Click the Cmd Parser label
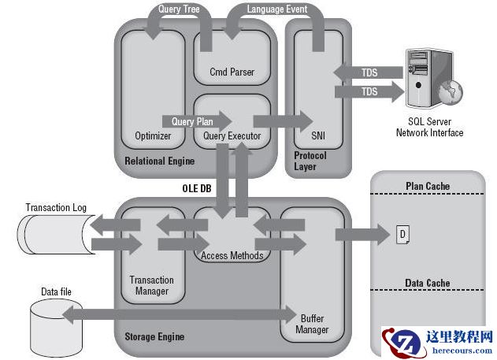pyautogui.click(x=232, y=72)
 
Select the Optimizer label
pyautogui.click(x=153, y=136)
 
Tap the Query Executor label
pyautogui.click(x=232, y=136)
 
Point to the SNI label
pyautogui.click(x=318, y=135)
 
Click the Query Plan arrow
pyautogui.click(x=197, y=121)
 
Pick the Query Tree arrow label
pyautogui.click(x=179, y=9)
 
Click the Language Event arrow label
pyautogui.click(x=277, y=9)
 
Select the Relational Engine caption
pyautogui.click(x=159, y=161)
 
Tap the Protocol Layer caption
pyautogui.click(x=310, y=161)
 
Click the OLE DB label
pyautogui.click(x=197, y=188)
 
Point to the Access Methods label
pyautogui.click(x=232, y=255)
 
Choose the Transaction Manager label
pyautogui.click(x=152, y=285)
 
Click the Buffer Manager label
pyautogui.click(x=312, y=324)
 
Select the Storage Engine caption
pyautogui.click(x=154, y=336)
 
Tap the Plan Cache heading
pyautogui.click(x=428, y=186)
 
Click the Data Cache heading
pyautogui.click(x=428, y=283)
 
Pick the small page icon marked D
pyautogui.click(x=402, y=235)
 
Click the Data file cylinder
pyautogui.click(x=57, y=328)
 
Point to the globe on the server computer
pyautogui.click(x=451, y=91)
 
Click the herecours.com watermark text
pyautogui.click(x=462, y=351)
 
